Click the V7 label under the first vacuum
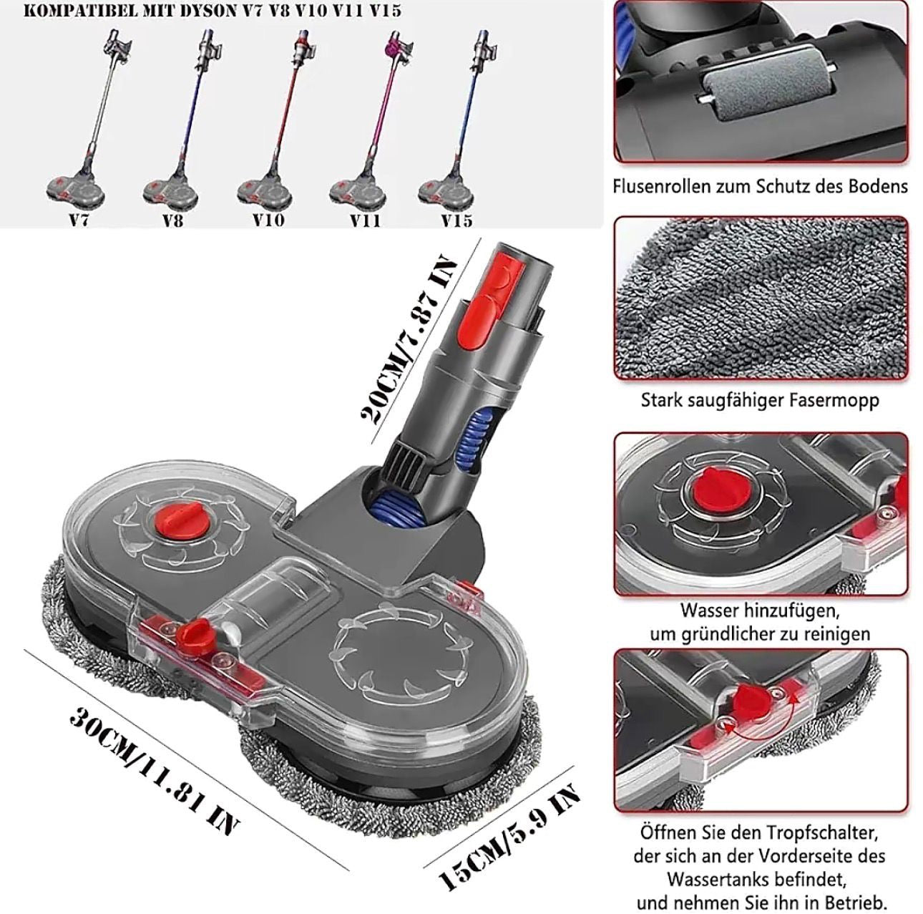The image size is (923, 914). (79, 220)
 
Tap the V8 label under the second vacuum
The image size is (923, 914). (173, 220)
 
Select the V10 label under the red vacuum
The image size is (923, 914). (269, 220)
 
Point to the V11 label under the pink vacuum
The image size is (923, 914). (365, 220)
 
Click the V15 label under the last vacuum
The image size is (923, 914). (457, 220)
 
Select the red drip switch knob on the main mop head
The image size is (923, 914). (193, 632)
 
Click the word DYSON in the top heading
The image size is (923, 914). (207, 10)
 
